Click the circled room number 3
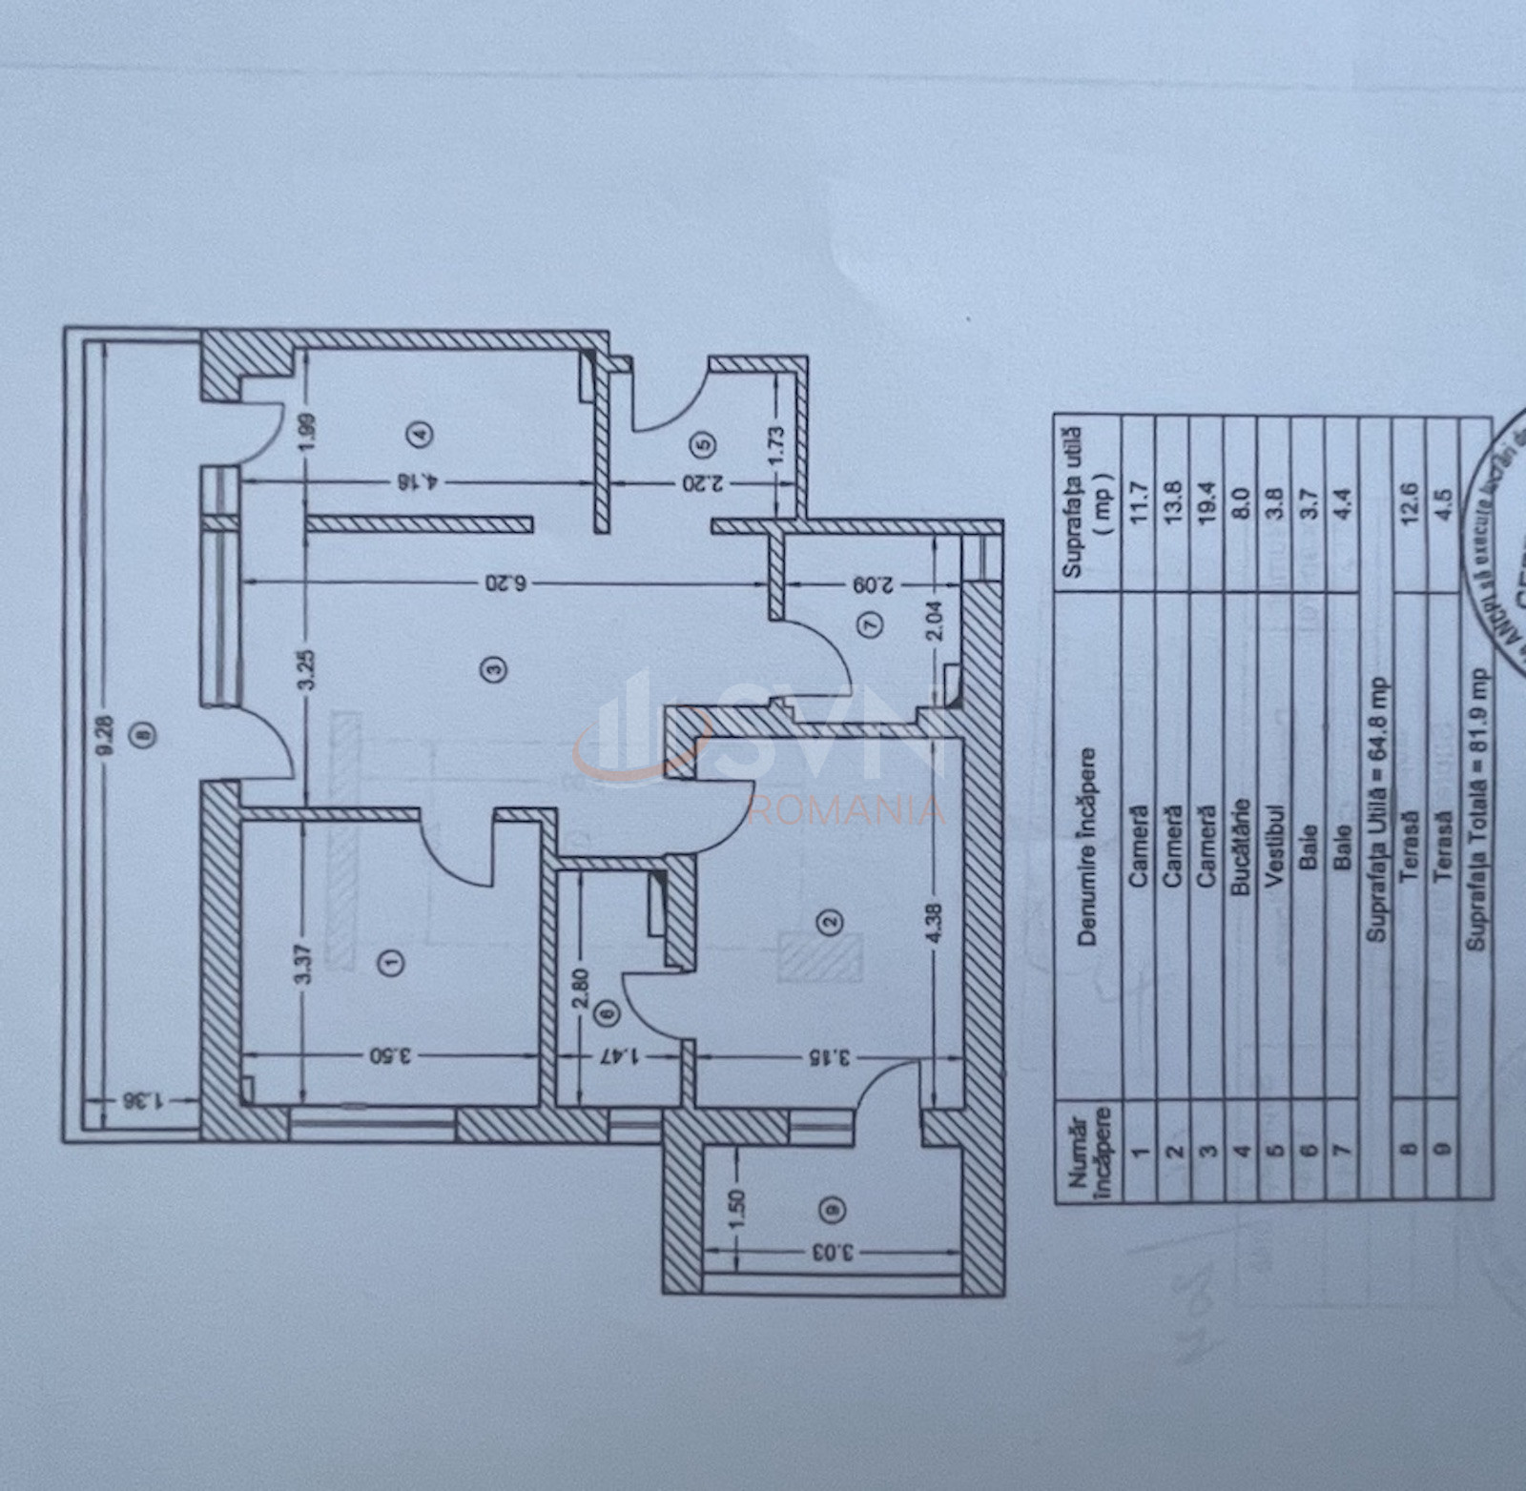tap(494, 668)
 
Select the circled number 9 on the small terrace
tap(833, 1209)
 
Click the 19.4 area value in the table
tap(1207, 502)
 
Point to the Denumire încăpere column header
tap(1087, 847)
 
